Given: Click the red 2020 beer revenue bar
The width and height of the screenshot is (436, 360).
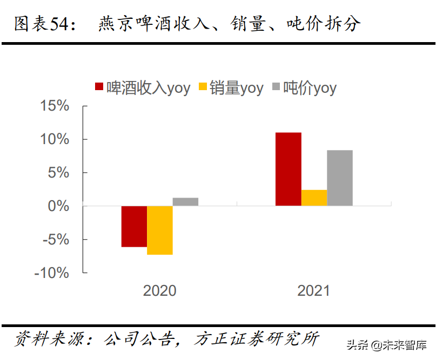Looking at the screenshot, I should [134, 226].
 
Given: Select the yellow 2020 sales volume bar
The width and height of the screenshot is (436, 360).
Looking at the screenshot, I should [160, 230].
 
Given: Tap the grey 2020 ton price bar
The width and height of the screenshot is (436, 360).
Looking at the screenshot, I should [185, 202].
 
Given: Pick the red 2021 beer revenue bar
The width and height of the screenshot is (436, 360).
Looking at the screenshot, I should [288, 169].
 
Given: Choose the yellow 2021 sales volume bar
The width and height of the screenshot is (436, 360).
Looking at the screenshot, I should [314, 198].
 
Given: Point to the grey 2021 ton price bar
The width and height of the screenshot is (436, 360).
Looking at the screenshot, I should [340, 178].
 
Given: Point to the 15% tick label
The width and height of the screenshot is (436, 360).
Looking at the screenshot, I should [55, 106].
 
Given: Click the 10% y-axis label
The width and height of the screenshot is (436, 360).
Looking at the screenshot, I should [55, 139].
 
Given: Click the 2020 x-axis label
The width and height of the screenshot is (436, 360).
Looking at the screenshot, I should [159, 291].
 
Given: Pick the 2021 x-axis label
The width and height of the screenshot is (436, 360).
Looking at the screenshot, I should [313, 291].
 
